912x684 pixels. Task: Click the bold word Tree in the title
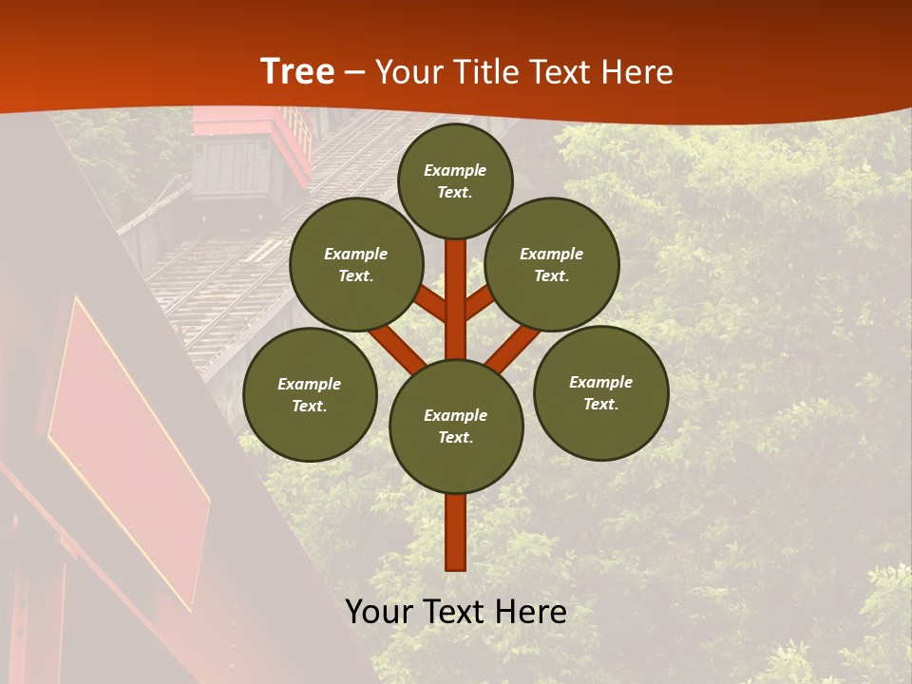[x=297, y=72]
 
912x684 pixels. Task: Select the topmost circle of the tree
[x=455, y=180]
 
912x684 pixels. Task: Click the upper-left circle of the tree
[x=356, y=265]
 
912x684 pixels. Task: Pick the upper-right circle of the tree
[x=552, y=265]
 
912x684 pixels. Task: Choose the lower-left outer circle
[x=310, y=395]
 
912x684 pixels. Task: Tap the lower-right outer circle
[x=600, y=393]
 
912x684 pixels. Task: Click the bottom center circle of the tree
[x=456, y=427]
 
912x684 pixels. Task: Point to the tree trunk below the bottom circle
[x=456, y=532]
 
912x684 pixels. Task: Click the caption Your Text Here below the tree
[x=456, y=612]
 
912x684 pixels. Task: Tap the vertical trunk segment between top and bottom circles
[x=456, y=299]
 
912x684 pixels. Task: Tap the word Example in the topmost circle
[x=455, y=170]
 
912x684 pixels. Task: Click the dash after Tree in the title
[x=354, y=72]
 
